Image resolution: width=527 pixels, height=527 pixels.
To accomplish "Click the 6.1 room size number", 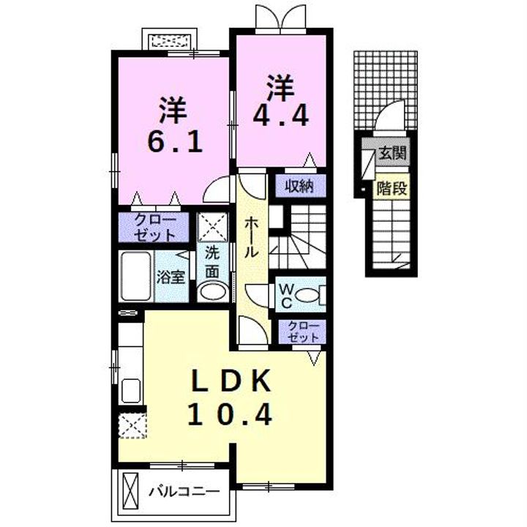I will click(x=174, y=141).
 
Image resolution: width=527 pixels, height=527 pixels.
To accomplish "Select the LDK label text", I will click(x=232, y=381).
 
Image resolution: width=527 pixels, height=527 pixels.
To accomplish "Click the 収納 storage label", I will click(x=299, y=187).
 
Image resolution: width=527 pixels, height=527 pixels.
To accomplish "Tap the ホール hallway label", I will click(x=250, y=236).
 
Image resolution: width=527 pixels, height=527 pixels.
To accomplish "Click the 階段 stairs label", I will click(x=392, y=188).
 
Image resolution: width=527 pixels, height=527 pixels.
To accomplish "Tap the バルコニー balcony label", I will click(x=184, y=490).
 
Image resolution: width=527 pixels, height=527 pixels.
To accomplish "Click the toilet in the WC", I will click(x=313, y=296).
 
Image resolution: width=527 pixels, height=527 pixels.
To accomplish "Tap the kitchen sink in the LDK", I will click(x=131, y=390).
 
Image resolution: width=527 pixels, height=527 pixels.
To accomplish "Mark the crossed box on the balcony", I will click(x=131, y=490).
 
